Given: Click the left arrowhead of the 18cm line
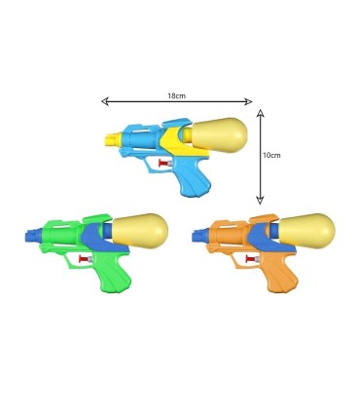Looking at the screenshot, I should coord(103,99).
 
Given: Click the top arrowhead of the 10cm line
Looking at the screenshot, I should coord(260,110).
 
